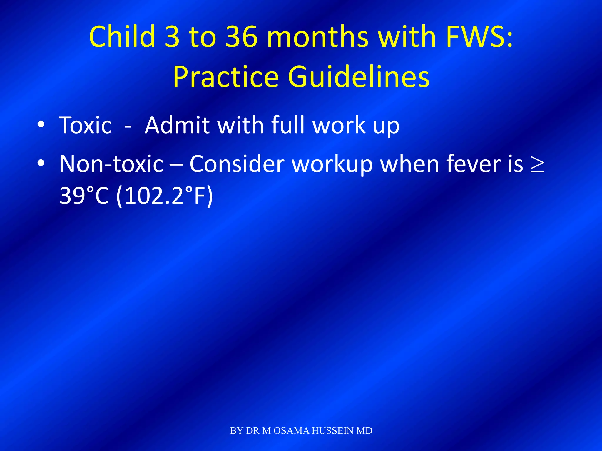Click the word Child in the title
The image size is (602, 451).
[x=122, y=36]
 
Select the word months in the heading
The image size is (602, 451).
[x=317, y=36]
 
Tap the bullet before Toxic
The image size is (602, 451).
[x=41, y=125]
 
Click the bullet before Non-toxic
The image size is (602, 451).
[x=41, y=163]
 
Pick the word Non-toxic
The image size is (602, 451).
[x=111, y=164]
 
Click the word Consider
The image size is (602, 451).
[x=237, y=164]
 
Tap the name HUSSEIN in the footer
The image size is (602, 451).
[x=333, y=431]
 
